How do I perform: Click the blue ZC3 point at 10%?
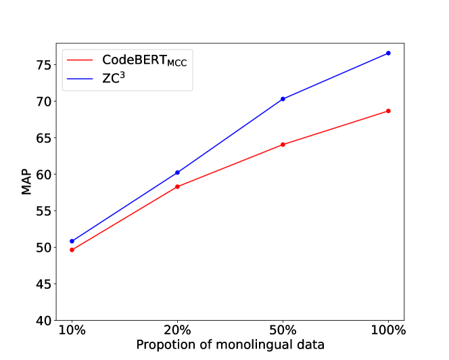72,241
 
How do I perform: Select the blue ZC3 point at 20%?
177,173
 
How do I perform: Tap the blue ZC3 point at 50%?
283,99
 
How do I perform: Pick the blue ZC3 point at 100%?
388,53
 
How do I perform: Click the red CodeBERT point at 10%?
72,250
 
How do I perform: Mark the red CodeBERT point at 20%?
177,187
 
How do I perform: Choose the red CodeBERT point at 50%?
283,144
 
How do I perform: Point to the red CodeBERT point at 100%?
388,111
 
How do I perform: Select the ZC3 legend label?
113,78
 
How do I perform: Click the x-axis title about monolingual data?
230,344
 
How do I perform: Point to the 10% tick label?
72,330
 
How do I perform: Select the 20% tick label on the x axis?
177,330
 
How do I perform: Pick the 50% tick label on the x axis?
283,330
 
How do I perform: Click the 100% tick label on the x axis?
388,330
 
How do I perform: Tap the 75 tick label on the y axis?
43,65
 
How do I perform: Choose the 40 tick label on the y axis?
43,320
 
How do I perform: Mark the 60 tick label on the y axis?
43,175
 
